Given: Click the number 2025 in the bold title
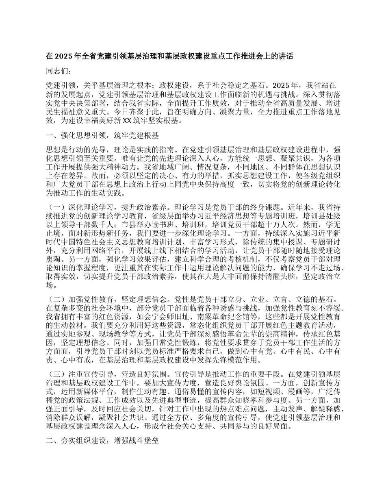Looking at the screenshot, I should tap(62, 57).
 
